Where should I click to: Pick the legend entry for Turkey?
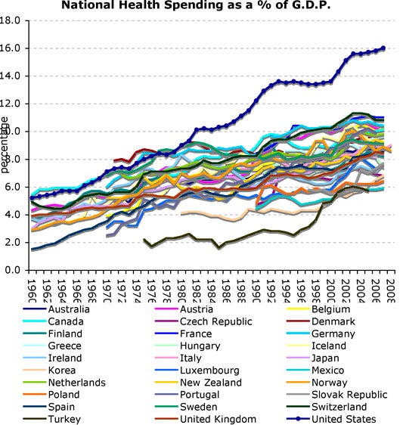click(x=64, y=419)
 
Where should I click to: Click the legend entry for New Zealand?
click(x=212, y=382)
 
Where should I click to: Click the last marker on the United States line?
click(x=383, y=48)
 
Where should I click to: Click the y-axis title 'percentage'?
click(x=5, y=144)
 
